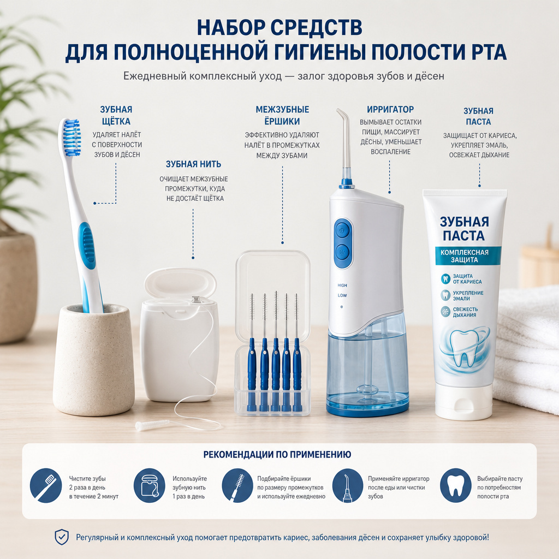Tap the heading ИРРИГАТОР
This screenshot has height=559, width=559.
pyautogui.click(x=390, y=109)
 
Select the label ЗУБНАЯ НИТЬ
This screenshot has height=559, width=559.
pyautogui.click(x=193, y=164)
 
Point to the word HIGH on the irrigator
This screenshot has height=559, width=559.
pyautogui.click(x=342, y=285)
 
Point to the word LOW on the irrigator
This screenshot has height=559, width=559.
pyautogui.click(x=342, y=295)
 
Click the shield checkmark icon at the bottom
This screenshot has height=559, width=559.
pyautogui.click(x=62, y=537)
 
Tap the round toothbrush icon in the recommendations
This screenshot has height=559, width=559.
pyautogui.click(x=46, y=485)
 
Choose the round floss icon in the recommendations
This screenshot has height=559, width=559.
pyautogui.click(x=150, y=485)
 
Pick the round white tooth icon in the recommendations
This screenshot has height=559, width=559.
pyautogui.click(x=456, y=485)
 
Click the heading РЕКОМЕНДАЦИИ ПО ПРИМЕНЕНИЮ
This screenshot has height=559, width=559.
pyautogui.click(x=277, y=455)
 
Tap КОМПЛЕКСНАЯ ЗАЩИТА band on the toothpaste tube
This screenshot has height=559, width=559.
pyautogui.click(x=465, y=256)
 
